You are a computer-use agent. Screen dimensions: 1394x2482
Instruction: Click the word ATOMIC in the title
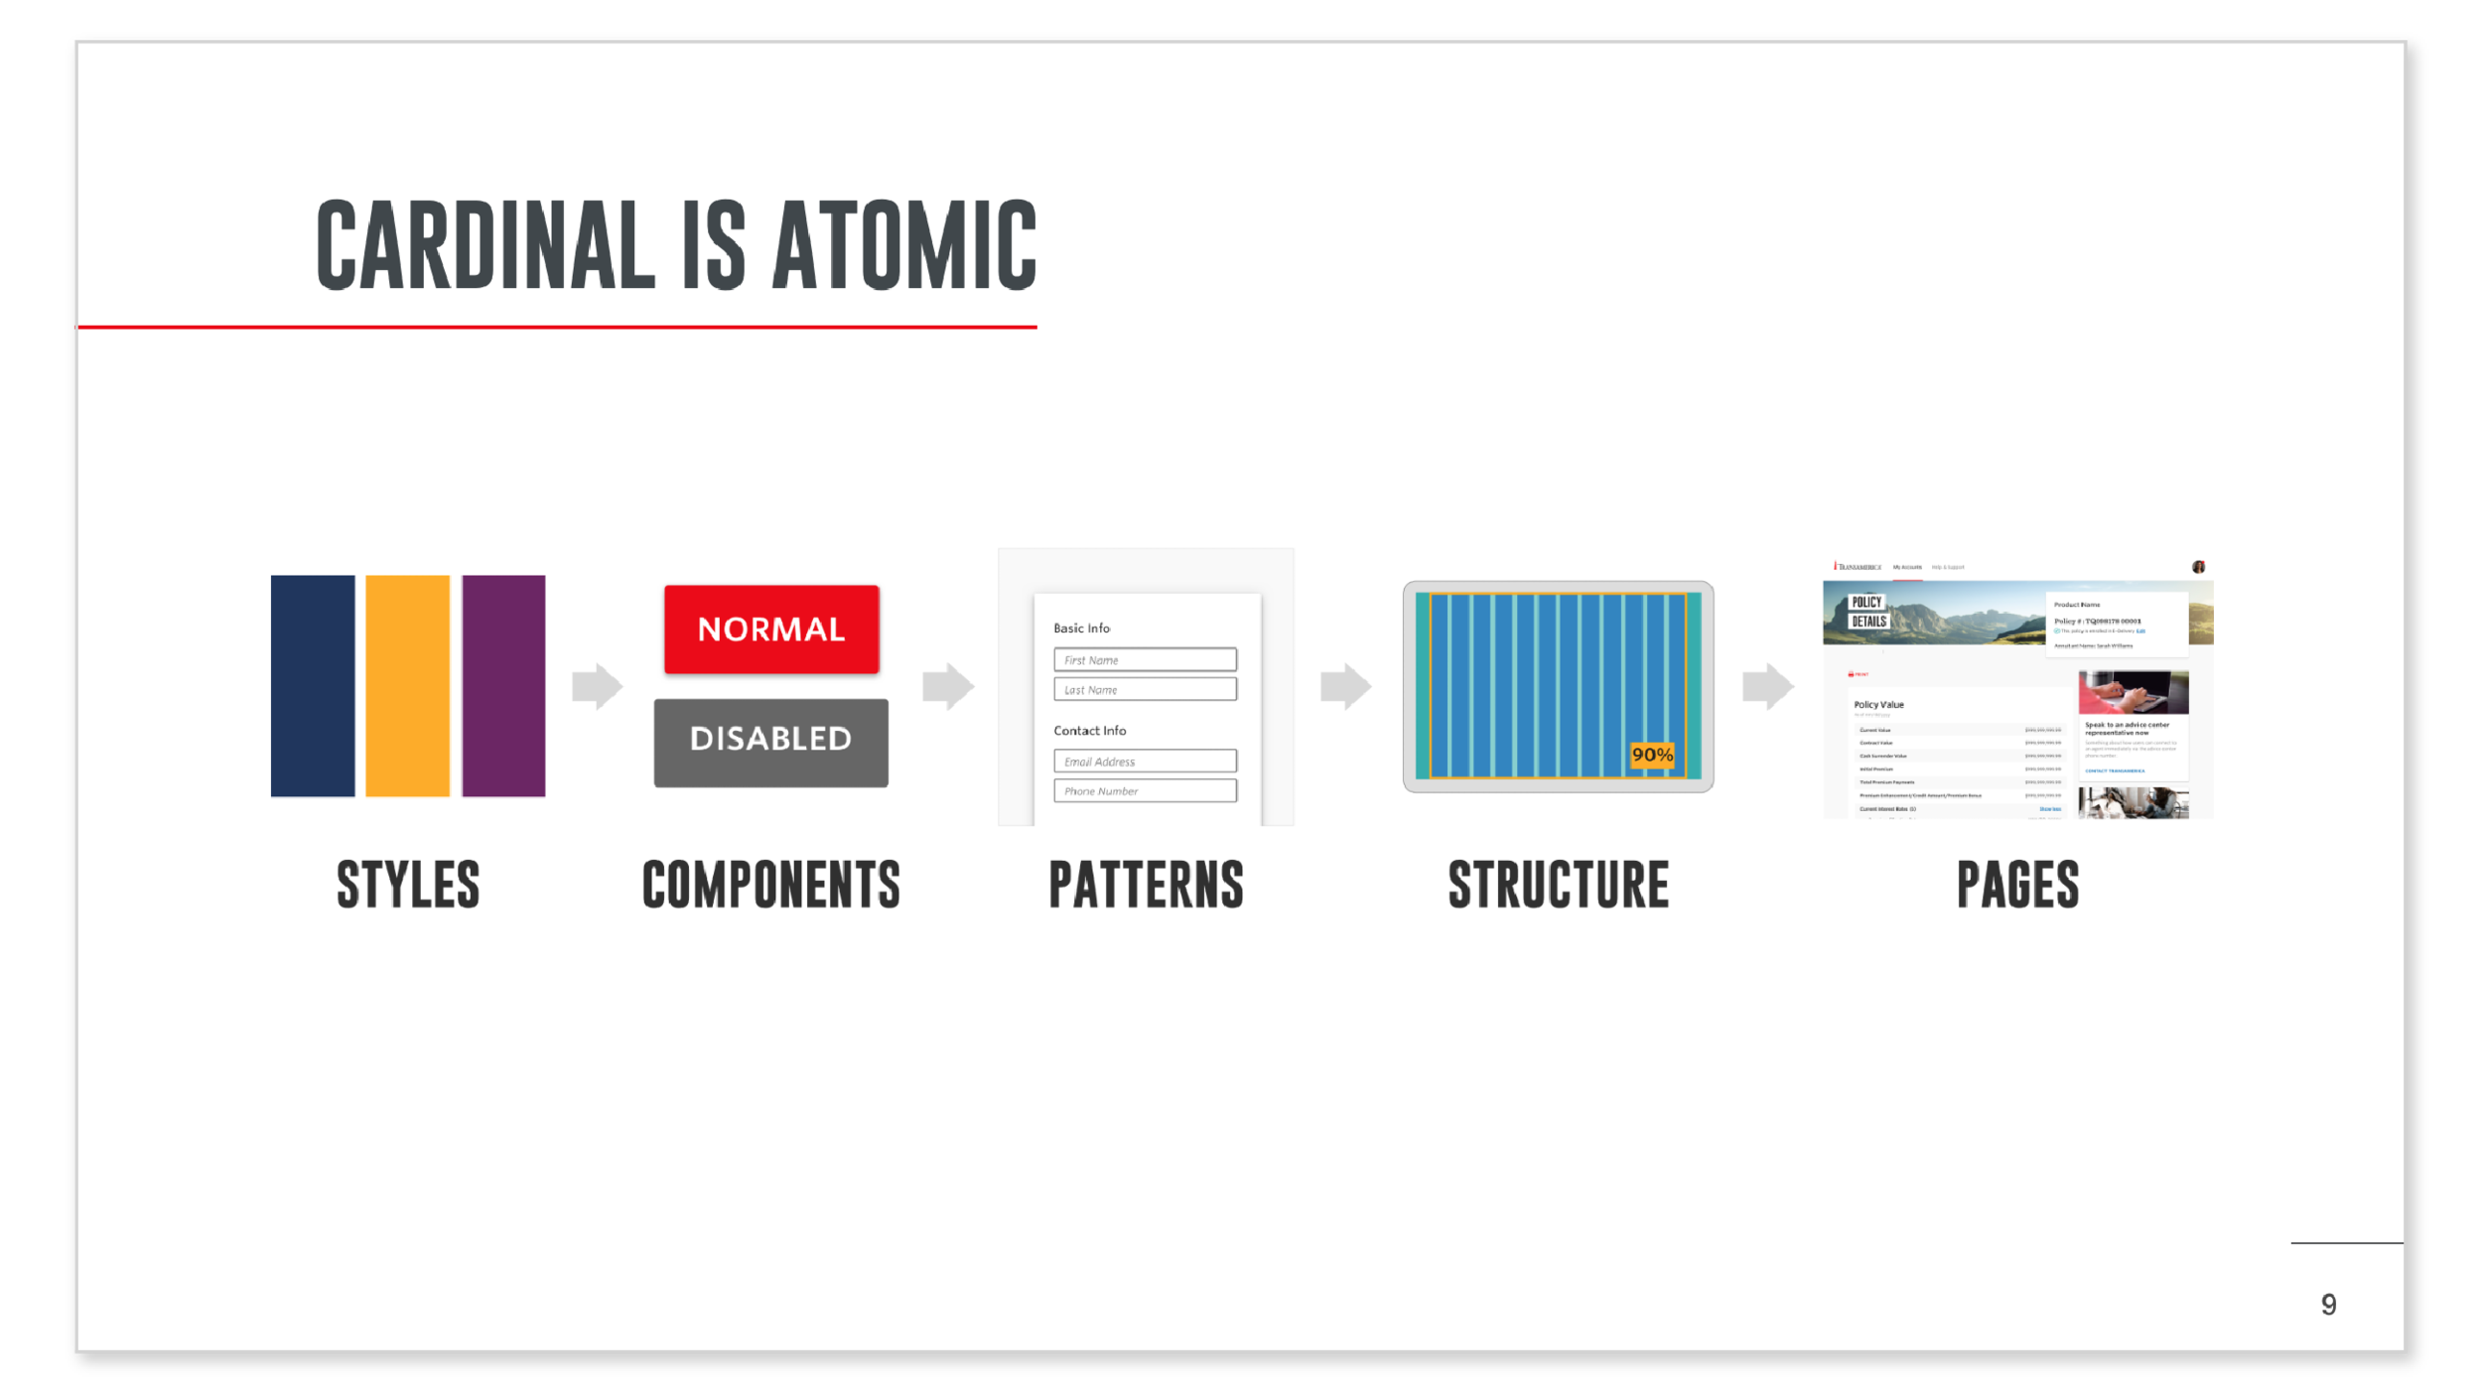click(x=904, y=244)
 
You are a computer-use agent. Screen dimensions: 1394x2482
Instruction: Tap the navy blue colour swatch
click(x=313, y=685)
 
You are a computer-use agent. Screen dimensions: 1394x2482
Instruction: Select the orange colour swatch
click(x=407, y=685)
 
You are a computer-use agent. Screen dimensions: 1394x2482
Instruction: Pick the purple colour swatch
click(x=503, y=685)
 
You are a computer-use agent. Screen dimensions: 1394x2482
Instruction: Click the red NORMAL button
click(x=771, y=629)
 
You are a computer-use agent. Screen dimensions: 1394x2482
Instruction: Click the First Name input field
click(x=1145, y=660)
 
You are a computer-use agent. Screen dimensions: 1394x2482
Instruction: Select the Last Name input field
click(x=1145, y=689)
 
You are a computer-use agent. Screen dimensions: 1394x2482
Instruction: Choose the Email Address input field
click(x=1145, y=762)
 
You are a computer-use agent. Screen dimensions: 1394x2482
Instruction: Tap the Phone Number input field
click(x=1145, y=790)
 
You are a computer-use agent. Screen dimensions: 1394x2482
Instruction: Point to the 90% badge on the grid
click(x=1652, y=755)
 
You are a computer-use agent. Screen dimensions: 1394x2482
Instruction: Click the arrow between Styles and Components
click(x=597, y=685)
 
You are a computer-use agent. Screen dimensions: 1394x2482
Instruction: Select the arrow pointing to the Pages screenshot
click(x=1767, y=685)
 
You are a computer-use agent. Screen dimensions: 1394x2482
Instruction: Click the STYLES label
click(x=408, y=885)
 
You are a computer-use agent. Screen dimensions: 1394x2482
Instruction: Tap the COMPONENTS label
click(x=771, y=885)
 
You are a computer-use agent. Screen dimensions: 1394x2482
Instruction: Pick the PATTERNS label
click(x=1146, y=885)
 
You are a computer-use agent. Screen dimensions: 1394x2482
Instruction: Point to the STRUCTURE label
click(x=1559, y=885)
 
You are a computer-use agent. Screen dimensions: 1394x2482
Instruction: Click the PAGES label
click(x=2017, y=885)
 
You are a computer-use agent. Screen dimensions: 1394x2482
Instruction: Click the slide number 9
click(x=2328, y=1305)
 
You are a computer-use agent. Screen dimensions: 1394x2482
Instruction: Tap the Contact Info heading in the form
click(x=1089, y=731)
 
